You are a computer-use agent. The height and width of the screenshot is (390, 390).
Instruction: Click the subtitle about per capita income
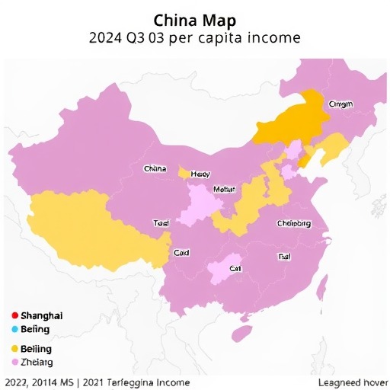pyautogui.click(x=194, y=37)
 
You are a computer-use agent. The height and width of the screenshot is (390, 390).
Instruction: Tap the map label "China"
pyautogui.click(x=155, y=168)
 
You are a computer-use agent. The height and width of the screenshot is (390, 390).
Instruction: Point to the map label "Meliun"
pyautogui.click(x=225, y=189)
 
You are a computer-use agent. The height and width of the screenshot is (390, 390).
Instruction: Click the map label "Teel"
pyautogui.click(x=161, y=224)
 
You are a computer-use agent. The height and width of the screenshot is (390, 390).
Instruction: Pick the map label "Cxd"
pyautogui.click(x=181, y=252)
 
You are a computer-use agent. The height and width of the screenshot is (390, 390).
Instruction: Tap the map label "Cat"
pyautogui.click(x=235, y=268)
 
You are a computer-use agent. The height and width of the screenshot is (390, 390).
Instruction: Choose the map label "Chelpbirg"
pyautogui.click(x=292, y=224)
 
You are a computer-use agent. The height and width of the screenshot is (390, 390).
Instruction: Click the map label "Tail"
pyautogui.click(x=284, y=257)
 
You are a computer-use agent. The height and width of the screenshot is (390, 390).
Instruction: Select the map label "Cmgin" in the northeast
pyautogui.click(x=340, y=104)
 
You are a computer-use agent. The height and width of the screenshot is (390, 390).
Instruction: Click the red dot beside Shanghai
pyautogui.click(x=14, y=315)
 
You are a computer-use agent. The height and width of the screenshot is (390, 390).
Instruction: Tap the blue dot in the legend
pyautogui.click(x=14, y=330)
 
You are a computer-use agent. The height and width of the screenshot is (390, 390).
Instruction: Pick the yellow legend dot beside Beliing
pyautogui.click(x=14, y=348)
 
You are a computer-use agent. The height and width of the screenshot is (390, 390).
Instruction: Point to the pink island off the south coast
pyautogui.click(x=242, y=334)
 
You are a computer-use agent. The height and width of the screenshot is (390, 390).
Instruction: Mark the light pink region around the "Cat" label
pyautogui.click(x=221, y=270)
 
